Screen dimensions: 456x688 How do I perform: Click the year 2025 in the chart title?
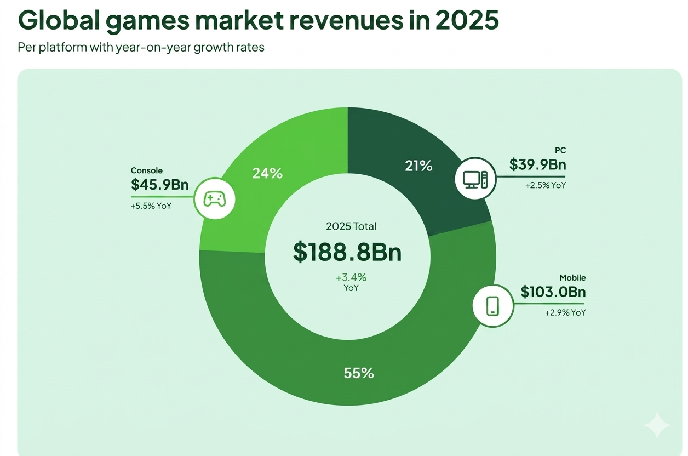pyautogui.click(x=466, y=20)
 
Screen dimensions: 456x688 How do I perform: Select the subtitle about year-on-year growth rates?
pyautogui.click(x=141, y=47)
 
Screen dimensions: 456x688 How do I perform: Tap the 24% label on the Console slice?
pyautogui.click(x=267, y=174)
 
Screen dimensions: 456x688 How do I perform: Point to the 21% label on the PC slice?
pyautogui.click(x=418, y=166)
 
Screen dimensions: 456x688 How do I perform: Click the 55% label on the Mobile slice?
pyautogui.click(x=359, y=373)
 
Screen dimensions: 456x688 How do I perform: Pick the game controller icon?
pyautogui.click(x=214, y=198)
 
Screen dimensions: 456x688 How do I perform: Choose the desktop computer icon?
pyautogui.click(x=475, y=179)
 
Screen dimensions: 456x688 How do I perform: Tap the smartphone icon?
pyautogui.click(x=492, y=305)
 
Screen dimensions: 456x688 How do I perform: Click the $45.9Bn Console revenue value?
pyautogui.click(x=159, y=185)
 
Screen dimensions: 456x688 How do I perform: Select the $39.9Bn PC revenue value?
pyautogui.click(x=537, y=164)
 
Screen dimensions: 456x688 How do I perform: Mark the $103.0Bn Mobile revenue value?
pyautogui.click(x=553, y=292)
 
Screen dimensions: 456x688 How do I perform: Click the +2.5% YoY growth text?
pyautogui.click(x=546, y=185)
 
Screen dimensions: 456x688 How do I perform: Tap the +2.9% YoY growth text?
pyautogui.click(x=565, y=312)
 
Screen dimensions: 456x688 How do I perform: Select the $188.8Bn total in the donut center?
pyautogui.click(x=347, y=252)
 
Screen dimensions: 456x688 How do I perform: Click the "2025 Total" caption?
pyautogui.click(x=351, y=226)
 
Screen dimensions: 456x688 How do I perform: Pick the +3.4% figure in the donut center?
pyautogui.click(x=351, y=277)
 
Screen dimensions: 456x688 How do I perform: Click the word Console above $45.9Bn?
pyautogui.click(x=147, y=170)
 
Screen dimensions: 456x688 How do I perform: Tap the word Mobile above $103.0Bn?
pyautogui.click(x=572, y=278)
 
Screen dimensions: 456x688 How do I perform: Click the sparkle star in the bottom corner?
pyautogui.click(x=656, y=425)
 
